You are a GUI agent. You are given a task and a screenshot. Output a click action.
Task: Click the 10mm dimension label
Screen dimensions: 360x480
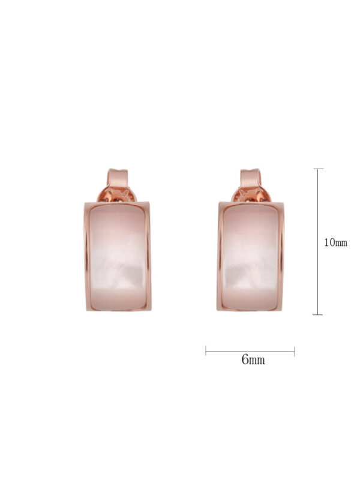(335, 243)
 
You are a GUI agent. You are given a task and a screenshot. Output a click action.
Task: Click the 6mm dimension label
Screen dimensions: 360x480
(253, 359)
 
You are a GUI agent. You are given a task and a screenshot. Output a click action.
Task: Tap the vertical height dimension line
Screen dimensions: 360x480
(318, 242)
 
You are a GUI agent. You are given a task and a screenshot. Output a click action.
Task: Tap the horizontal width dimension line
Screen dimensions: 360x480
(250, 352)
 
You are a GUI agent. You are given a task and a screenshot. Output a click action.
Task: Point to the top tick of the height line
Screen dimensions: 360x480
(319, 169)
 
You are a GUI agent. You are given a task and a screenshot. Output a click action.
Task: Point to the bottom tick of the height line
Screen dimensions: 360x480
(318, 314)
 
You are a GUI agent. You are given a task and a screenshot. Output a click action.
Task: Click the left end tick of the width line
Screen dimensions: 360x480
(206, 351)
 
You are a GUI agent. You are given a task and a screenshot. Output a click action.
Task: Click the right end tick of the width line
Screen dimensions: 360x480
(295, 352)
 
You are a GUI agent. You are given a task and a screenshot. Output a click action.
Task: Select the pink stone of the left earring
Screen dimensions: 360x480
(118, 257)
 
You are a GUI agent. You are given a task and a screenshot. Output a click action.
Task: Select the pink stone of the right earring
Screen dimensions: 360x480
(250, 257)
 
